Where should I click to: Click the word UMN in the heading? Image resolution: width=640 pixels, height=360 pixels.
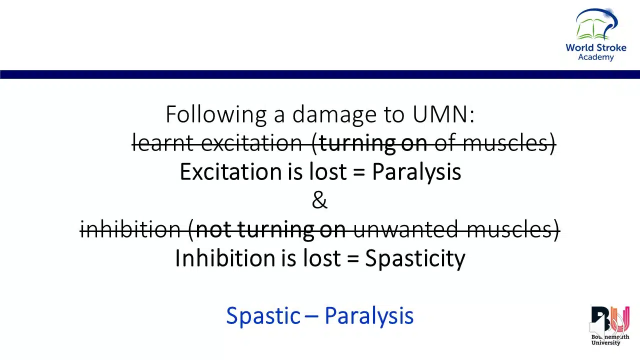443,114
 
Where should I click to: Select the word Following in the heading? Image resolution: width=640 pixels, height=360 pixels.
216,115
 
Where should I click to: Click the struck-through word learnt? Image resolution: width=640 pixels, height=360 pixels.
163,143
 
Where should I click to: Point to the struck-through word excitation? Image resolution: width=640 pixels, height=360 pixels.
251,143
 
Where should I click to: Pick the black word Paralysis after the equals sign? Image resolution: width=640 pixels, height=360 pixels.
416,172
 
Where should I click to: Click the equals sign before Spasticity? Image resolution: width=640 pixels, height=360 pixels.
353,258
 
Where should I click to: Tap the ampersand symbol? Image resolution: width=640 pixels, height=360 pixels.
319,200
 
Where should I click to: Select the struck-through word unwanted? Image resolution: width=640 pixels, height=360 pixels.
405,229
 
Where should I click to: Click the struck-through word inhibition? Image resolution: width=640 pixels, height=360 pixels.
130,229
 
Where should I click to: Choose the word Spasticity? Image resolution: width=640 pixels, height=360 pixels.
415,259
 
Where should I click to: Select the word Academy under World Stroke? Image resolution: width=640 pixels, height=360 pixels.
596,57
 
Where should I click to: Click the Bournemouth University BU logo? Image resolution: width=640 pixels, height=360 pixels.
610,325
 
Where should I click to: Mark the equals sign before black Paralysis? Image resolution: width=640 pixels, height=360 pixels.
359,171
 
